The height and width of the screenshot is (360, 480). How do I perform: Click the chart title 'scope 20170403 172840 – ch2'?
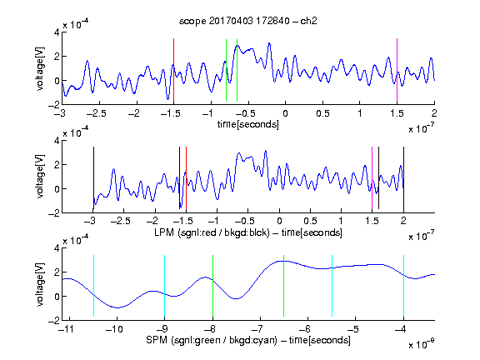[x=248, y=21]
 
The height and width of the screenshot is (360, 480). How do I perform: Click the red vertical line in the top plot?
[x=173, y=70]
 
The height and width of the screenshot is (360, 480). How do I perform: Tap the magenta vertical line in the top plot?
[x=397, y=70]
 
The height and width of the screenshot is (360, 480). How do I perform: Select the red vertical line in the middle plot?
[x=186, y=177]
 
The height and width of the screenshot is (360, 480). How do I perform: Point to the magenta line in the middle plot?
[x=372, y=177]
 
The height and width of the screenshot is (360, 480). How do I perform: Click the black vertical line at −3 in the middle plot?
[x=93, y=177]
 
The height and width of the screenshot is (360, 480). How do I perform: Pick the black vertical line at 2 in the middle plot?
[x=403, y=177]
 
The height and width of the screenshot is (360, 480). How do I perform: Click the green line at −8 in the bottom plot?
[x=212, y=286]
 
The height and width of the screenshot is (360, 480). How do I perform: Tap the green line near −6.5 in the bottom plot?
[x=284, y=286]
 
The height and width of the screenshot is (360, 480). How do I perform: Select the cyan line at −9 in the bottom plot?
[x=164, y=286]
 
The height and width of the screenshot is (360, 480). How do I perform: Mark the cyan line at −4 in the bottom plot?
[x=403, y=286]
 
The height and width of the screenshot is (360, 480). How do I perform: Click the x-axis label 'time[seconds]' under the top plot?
[x=248, y=124]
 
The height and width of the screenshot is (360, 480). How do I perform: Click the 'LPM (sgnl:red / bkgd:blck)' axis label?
[x=212, y=232]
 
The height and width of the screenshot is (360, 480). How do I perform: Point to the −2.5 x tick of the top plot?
[x=96, y=113]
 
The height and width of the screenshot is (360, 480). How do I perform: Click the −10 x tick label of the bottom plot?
[x=114, y=329]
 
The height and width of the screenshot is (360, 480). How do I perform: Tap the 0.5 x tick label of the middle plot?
[x=310, y=221]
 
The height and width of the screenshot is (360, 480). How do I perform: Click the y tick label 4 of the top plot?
[x=57, y=32]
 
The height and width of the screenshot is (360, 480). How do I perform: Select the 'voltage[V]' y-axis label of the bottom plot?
[x=40, y=284]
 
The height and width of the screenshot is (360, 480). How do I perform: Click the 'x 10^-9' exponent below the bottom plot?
[x=422, y=343]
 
